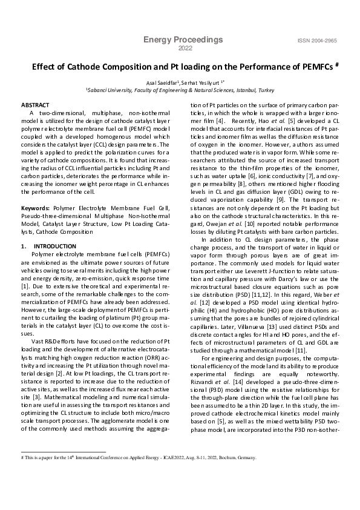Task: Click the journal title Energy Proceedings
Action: (183, 40)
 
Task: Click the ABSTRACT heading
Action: (35, 105)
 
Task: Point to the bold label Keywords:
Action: (36, 207)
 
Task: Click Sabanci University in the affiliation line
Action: (111, 89)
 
